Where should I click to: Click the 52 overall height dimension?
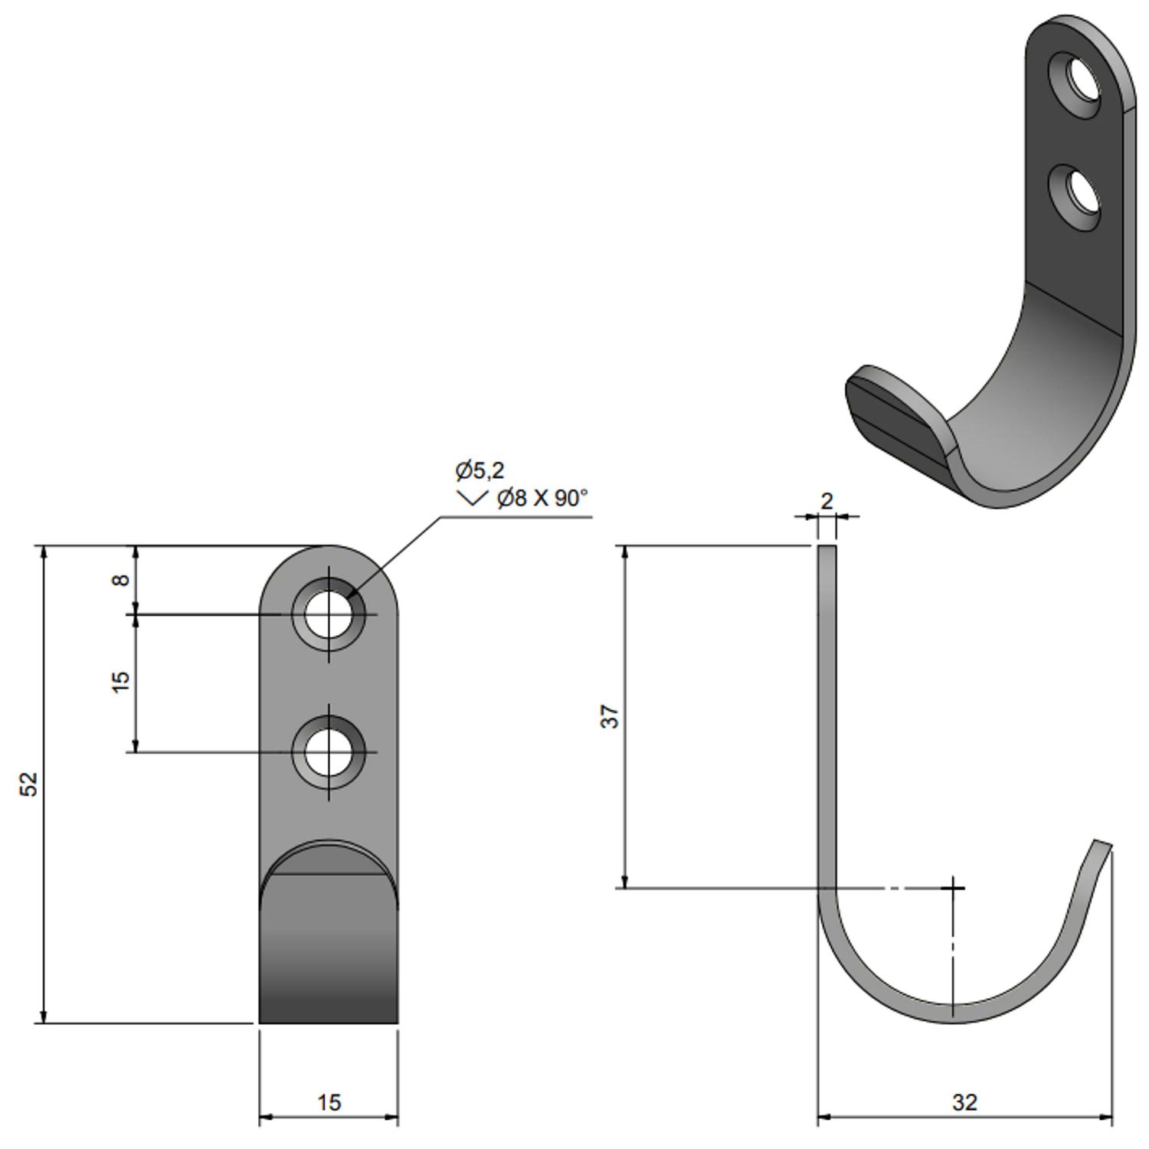(x=28, y=784)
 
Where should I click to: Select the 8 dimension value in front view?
(x=120, y=579)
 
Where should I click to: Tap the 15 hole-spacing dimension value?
(x=120, y=681)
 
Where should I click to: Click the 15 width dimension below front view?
(x=328, y=1102)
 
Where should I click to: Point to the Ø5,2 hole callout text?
(x=480, y=470)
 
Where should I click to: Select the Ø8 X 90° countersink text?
(x=542, y=499)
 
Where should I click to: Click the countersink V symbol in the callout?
(x=471, y=499)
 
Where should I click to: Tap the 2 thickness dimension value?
(x=827, y=501)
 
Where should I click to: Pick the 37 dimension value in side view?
(x=610, y=716)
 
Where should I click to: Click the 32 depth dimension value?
(x=964, y=1102)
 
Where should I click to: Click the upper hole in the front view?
(x=329, y=614)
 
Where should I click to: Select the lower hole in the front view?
(x=329, y=752)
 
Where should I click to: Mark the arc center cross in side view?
(x=953, y=888)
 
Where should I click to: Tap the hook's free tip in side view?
(x=1102, y=846)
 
